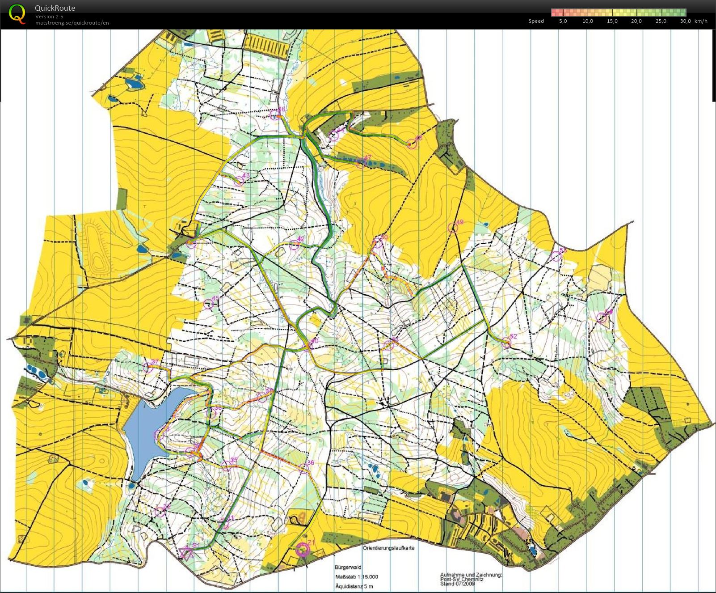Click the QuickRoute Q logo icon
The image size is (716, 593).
pos(17,13)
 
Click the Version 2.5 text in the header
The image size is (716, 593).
pos(49,17)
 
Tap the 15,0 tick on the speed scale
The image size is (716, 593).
pos(612,21)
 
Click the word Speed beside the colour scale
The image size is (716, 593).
pos(536,21)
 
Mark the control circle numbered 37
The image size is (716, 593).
pos(148,368)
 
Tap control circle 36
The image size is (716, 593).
pos(303,469)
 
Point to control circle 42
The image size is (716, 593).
pos(294,245)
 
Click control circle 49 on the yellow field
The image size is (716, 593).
pos(453,228)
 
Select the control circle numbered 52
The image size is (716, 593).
pos(506,343)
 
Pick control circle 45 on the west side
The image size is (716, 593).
pos(208,305)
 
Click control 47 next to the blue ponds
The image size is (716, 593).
pos(361,163)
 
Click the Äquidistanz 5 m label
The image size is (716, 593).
pos(354,586)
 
